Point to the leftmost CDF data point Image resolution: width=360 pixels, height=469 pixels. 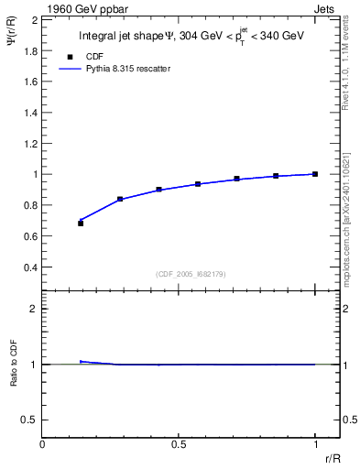(81, 224)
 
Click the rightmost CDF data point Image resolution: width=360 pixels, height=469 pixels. (315, 174)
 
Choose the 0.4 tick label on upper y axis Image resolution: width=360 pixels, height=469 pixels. (31, 267)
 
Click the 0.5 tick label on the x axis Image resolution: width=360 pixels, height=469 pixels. (178, 444)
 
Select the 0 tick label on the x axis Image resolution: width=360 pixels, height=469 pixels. (42, 444)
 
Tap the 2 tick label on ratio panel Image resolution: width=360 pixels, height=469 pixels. (34, 309)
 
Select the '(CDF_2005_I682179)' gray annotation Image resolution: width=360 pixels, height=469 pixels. (191, 274)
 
